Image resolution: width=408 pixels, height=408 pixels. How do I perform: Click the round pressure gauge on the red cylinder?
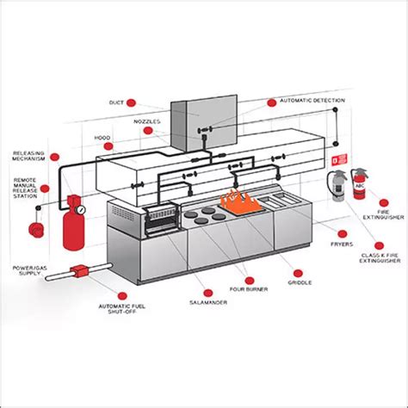(80, 208)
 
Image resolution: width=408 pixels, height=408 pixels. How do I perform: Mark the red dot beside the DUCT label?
(133, 102)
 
